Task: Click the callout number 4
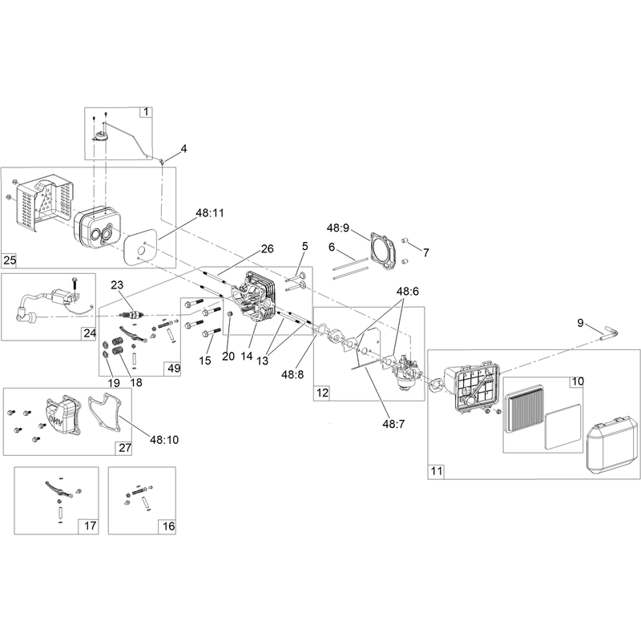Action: pyautogui.click(x=184, y=149)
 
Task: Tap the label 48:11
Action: pyautogui.click(x=210, y=213)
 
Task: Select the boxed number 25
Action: pyautogui.click(x=10, y=260)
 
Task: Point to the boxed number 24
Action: pyautogui.click(x=90, y=333)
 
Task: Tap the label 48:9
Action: pyautogui.click(x=338, y=228)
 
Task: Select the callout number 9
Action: pyautogui.click(x=580, y=323)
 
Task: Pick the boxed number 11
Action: pyautogui.click(x=437, y=471)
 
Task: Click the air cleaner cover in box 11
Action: pyautogui.click(x=612, y=443)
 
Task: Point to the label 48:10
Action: pyautogui.click(x=164, y=440)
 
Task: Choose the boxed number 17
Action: pyautogui.click(x=90, y=526)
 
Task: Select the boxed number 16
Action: pyautogui.click(x=169, y=526)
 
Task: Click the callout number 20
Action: pyautogui.click(x=228, y=357)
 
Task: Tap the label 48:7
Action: pyautogui.click(x=393, y=425)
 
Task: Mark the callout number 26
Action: pyautogui.click(x=268, y=249)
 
